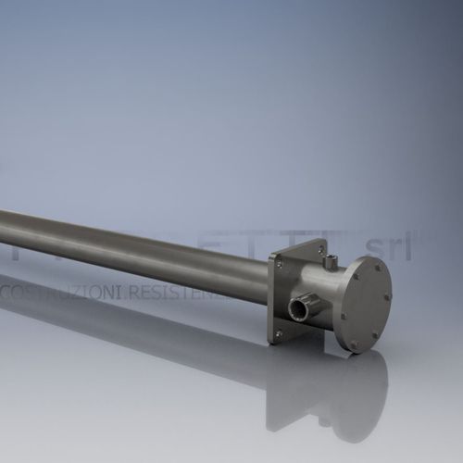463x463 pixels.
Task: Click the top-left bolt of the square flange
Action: (280, 264)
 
